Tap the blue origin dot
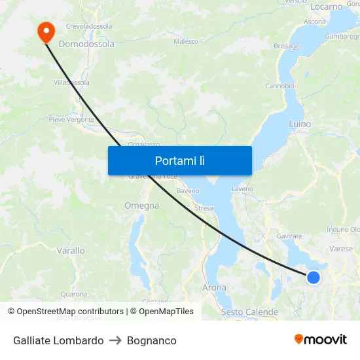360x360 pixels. [x=314, y=278]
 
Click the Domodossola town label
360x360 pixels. [x=86, y=45]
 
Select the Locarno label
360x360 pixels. [x=327, y=7]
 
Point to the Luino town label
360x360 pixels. [x=300, y=124]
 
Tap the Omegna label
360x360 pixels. [x=141, y=206]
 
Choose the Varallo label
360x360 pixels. [x=71, y=251]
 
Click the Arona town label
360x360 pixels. [x=214, y=287]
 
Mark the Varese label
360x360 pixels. [x=341, y=249]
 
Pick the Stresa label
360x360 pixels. [x=204, y=208]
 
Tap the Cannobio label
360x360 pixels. [x=279, y=86]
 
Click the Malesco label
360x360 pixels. [x=186, y=41]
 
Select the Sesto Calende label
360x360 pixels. [x=249, y=312]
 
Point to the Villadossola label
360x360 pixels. [x=71, y=83]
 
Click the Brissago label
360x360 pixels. [x=287, y=46]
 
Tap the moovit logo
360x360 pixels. [x=321, y=339]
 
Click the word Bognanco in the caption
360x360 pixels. [x=152, y=340]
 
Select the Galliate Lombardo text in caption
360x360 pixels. [x=58, y=340]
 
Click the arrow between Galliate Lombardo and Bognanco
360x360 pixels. [x=115, y=340]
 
